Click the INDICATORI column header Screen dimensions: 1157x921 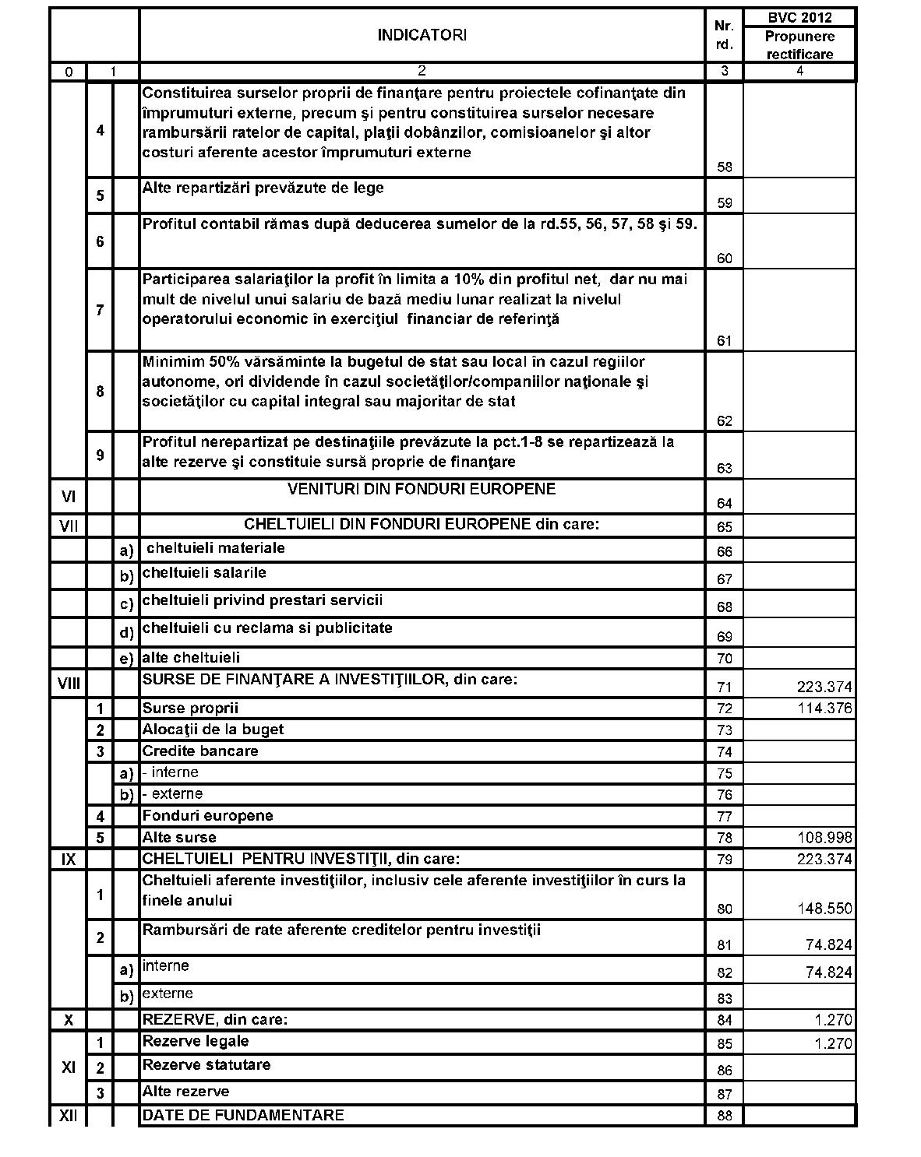422,35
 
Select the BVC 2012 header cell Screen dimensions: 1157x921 799,18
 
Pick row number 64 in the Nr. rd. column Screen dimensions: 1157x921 725,504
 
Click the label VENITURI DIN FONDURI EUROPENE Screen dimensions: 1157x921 422,489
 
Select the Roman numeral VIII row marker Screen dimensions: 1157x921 69,684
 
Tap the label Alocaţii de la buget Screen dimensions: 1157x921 213,730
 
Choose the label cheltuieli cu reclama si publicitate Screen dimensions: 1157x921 267,628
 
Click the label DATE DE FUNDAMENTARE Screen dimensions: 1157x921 242,1115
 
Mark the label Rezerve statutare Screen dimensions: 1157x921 206,1064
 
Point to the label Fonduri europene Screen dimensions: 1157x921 207,816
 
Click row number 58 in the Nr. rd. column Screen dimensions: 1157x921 725,167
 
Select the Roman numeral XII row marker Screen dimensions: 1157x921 69,1116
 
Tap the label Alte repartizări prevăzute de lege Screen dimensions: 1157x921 263,188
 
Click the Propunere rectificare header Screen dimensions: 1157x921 799,45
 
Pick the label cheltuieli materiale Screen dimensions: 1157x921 216,548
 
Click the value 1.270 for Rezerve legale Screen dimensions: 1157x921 833,1044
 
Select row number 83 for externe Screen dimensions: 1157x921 725,999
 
